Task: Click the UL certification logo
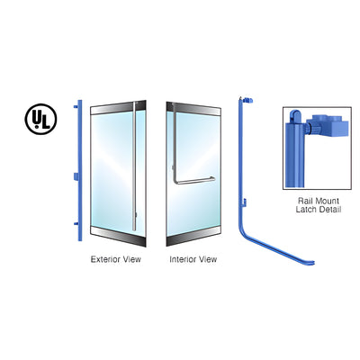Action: [x=40, y=119]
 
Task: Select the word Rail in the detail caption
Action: [x=305, y=201]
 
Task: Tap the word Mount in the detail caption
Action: [x=328, y=201]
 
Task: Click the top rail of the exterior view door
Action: [x=118, y=107]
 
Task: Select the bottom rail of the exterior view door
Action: [x=118, y=236]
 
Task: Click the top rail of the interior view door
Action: [x=193, y=109]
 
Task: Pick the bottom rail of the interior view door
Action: [x=193, y=236]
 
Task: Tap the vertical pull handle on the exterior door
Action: [x=134, y=166]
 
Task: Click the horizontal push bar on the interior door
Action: [x=194, y=181]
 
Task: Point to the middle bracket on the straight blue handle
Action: [x=76, y=176]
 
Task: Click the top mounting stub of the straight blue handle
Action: [x=76, y=106]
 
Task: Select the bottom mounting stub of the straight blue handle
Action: [x=76, y=224]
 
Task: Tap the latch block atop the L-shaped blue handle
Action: [x=247, y=100]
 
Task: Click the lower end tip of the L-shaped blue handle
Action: [x=312, y=263]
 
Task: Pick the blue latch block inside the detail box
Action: [x=328, y=125]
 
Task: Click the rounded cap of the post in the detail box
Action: [x=296, y=115]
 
